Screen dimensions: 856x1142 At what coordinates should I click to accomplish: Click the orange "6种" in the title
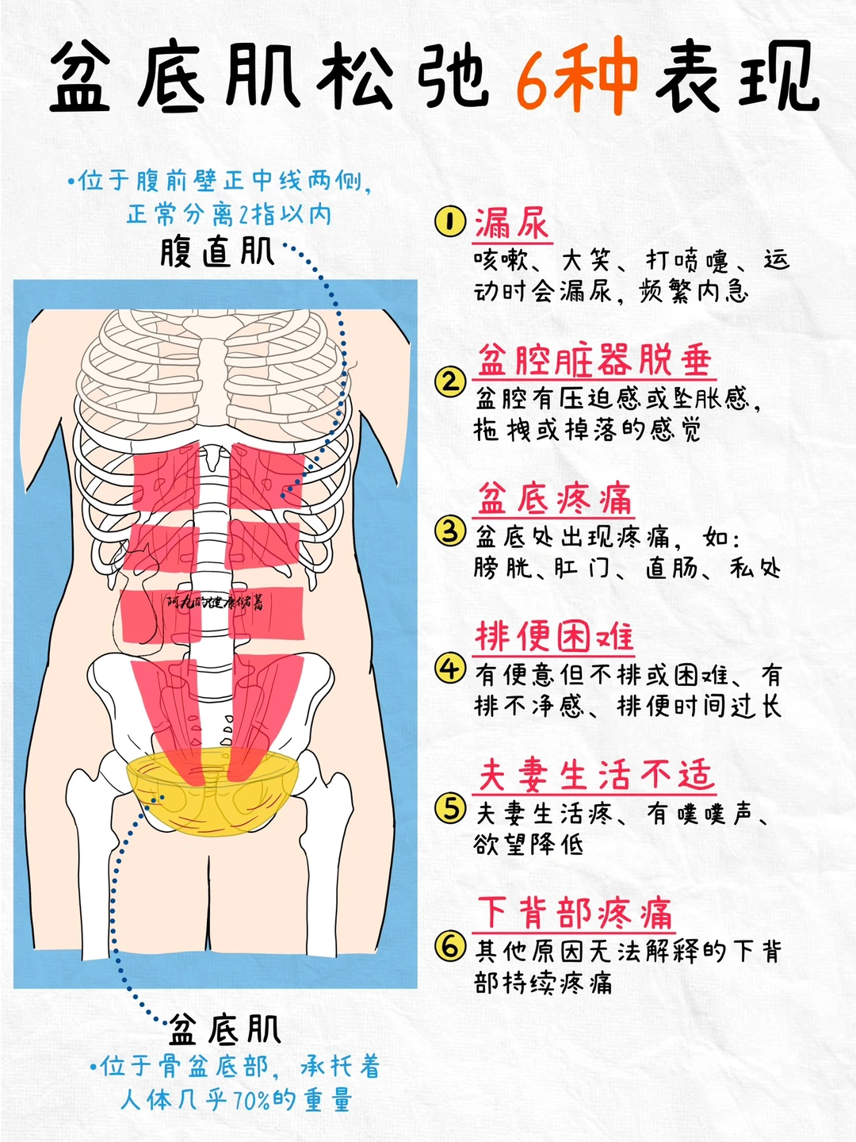point(576,78)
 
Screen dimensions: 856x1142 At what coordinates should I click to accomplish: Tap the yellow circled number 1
point(450,221)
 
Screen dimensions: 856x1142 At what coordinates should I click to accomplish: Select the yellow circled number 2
point(449,382)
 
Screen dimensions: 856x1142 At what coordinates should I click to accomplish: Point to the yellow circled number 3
point(449,530)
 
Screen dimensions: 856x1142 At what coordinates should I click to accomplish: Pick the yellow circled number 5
point(449,808)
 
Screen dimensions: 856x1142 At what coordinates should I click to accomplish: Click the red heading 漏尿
point(511,224)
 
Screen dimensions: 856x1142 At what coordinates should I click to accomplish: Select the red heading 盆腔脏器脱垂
point(594,362)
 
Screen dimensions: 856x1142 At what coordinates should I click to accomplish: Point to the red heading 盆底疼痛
point(554,500)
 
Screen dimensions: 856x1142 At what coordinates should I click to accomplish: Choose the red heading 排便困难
point(554,637)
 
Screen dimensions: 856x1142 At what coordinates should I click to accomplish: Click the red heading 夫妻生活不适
point(595,775)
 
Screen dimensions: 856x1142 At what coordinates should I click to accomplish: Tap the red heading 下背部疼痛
point(575,913)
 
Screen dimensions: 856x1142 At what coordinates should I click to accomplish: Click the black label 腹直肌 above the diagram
point(216,252)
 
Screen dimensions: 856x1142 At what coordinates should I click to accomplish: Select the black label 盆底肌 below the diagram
point(225,1029)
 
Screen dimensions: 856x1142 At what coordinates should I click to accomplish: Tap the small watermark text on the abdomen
point(214,603)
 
